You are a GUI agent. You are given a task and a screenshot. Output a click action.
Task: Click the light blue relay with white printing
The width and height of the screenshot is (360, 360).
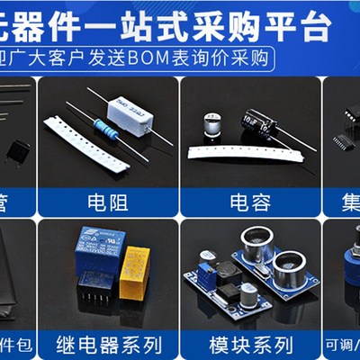click(x=100, y=247)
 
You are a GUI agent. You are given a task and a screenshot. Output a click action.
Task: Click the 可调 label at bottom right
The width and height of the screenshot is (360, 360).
click(x=340, y=344)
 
